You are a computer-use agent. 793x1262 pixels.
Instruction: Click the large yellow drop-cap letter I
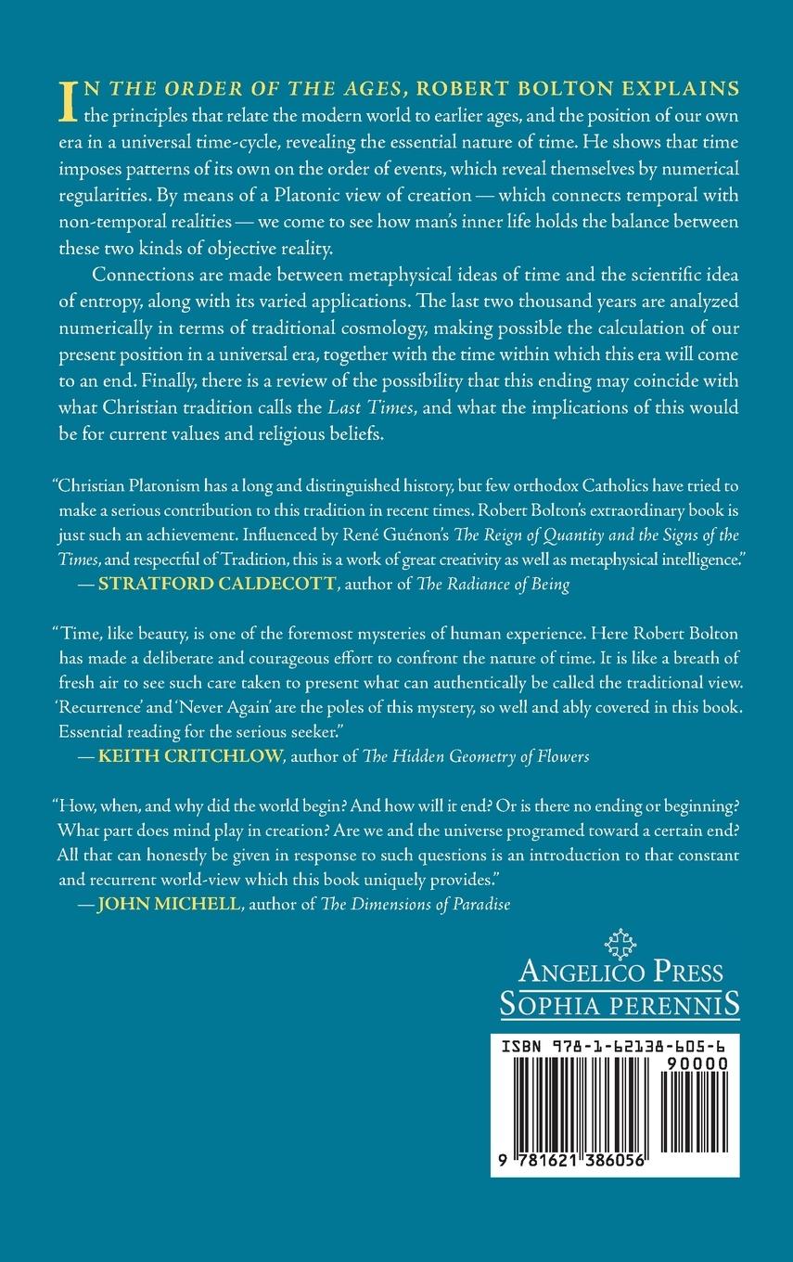click(x=67, y=100)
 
